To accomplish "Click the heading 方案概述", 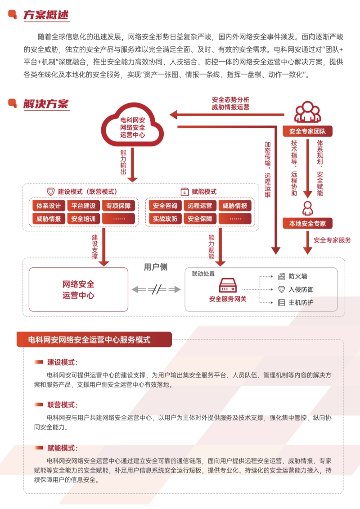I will coord(46,15).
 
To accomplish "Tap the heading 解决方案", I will coord(46,104).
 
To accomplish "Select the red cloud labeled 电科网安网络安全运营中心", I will coord(132,126).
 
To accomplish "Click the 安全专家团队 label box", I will coord(307,131).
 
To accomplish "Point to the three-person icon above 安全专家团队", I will coord(308,113).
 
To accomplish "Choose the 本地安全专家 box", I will coord(307,223).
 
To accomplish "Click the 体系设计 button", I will coord(49,206).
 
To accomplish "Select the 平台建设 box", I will coord(84,206).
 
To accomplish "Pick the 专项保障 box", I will coord(119,206).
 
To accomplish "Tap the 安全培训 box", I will coord(84,219).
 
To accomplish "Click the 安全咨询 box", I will coord(165,206).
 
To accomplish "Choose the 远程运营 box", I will coord(200,206).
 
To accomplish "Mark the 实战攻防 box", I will coord(165,219).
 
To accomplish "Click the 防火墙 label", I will coord(298,276).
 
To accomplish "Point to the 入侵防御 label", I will coord(301,289).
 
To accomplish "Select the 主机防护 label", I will coord(301,302).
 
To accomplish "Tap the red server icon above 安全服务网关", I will coord(228,285).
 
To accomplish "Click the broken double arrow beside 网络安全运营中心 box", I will coord(156,290).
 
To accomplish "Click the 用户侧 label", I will coord(155,267).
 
